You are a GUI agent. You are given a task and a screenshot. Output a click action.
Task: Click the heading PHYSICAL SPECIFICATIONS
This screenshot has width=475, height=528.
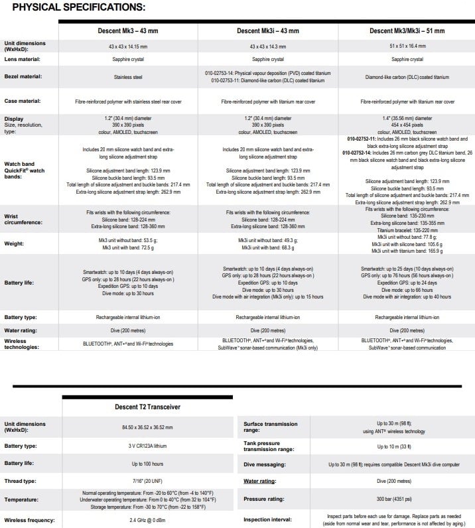[x=78, y=7]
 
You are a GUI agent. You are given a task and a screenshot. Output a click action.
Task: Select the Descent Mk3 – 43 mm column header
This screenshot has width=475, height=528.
[x=128, y=31]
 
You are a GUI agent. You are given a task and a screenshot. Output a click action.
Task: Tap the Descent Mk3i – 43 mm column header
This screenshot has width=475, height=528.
[x=267, y=31]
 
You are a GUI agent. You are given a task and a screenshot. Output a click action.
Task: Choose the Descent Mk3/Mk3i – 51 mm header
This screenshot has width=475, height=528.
[x=407, y=31]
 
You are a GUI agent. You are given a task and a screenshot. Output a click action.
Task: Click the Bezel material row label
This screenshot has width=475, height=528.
[x=23, y=77]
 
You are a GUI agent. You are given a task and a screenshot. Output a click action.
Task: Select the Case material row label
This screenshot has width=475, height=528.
[x=23, y=101]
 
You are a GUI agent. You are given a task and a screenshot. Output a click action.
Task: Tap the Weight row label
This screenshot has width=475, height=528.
[x=15, y=243]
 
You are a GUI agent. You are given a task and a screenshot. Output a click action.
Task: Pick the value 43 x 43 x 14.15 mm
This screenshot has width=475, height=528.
[x=128, y=46]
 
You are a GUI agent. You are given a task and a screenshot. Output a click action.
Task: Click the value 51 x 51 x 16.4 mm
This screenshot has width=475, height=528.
[x=407, y=46]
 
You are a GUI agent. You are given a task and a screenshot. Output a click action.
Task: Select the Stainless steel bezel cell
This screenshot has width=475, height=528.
[x=128, y=77]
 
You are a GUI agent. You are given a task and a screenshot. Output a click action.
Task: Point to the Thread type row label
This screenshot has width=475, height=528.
[x=21, y=482]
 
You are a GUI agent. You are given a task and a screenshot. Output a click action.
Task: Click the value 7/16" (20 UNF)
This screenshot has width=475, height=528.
[x=148, y=482]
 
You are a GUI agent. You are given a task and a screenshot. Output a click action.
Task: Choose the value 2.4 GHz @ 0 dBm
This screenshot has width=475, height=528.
[x=148, y=519]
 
